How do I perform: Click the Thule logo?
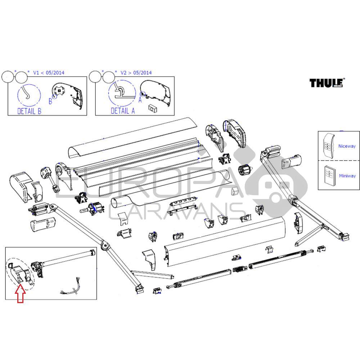click(x=327, y=83)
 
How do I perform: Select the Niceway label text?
click(x=347, y=146)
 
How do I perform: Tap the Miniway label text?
click(x=347, y=176)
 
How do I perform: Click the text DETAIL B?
click(x=29, y=111)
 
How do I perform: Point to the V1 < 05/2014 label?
click(x=49, y=73)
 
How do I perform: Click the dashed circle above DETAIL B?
click(x=29, y=95)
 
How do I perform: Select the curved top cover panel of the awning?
click(x=133, y=137)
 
